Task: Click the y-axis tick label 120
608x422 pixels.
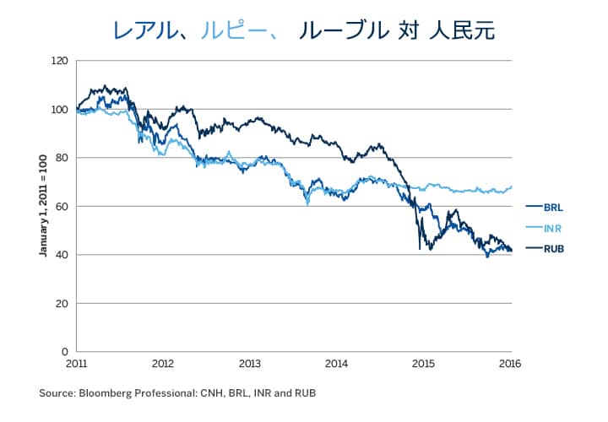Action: (59, 61)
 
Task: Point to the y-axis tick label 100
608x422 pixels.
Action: (59, 110)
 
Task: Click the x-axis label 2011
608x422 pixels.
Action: (76, 365)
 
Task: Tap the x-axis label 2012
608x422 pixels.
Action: (163, 365)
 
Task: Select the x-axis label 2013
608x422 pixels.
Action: (250, 365)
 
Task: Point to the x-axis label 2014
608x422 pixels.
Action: (337, 365)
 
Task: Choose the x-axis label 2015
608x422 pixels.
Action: (424, 365)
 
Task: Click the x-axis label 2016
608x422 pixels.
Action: (510, 365)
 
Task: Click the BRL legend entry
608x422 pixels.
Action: (554, 206)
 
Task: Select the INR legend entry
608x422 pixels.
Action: (554, 227)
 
